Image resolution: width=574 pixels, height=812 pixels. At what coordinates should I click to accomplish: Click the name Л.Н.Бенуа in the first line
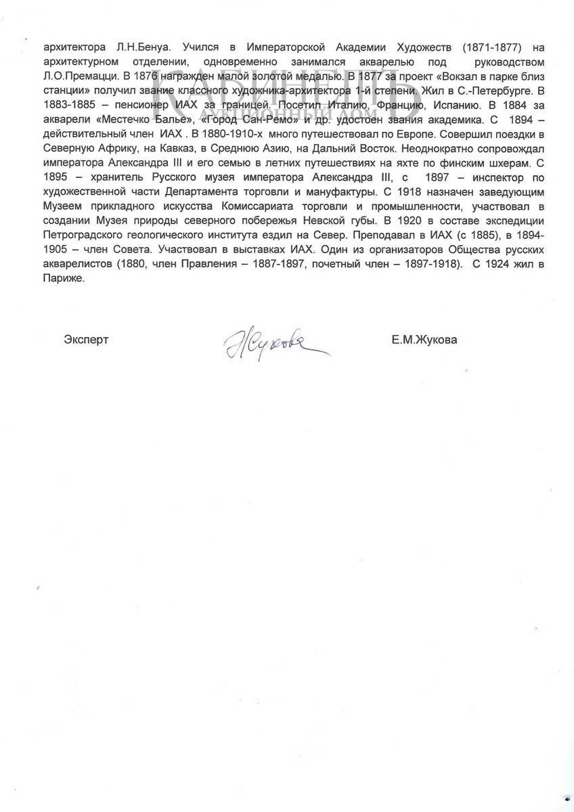point(154,48)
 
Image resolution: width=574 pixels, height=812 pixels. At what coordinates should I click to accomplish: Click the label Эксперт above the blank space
point(86,340)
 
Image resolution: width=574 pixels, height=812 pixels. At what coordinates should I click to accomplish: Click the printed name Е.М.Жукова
point(424,340)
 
